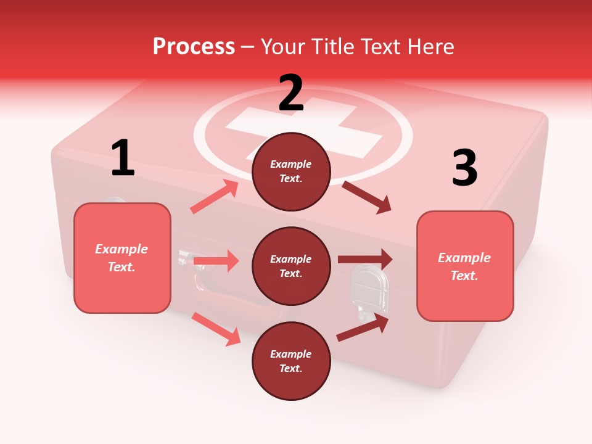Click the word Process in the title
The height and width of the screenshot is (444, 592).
(x=194, y=47)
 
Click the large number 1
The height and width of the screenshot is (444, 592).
(x=123, y=158)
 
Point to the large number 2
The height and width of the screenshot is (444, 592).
(x=291, y=93)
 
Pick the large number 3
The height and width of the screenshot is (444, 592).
(x=464, y=168)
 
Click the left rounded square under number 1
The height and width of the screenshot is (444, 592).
(x=122, y=258)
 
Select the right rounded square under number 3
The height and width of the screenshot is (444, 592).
(x=465, y=266)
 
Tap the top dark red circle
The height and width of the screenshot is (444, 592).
(x=291, y=171)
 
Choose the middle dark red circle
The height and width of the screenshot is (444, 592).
(x=291, y=266)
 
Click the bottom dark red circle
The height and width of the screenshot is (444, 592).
(x=291, y=361)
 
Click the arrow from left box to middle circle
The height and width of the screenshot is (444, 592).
(x=216, y=261)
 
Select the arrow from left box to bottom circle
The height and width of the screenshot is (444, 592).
(x=216, y=329)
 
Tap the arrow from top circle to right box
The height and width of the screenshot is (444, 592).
(x=367, y=197)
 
